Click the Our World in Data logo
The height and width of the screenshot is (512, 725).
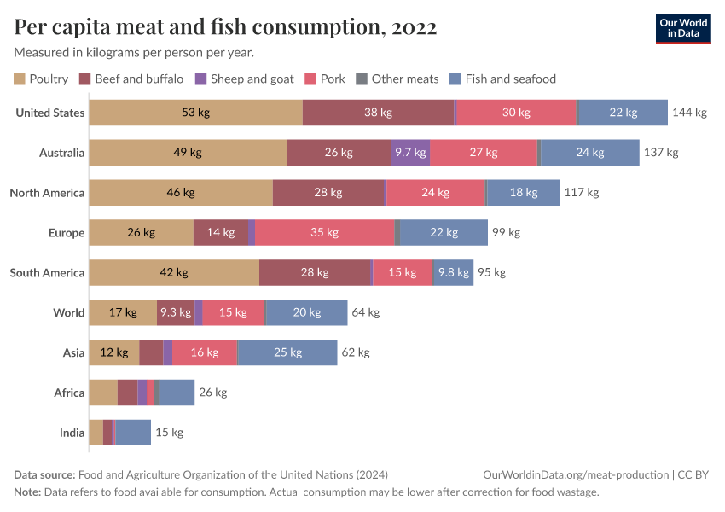coord(682,28)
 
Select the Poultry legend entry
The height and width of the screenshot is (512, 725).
coord(41,79)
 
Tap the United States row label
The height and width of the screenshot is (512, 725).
coord(50,113)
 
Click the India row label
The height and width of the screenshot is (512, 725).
coord(72,433)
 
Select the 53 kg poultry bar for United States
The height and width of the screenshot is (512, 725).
coord(195,113)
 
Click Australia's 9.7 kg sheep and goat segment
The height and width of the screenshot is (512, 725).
coord(409,153)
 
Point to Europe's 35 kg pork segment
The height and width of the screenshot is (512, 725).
coord(325,232)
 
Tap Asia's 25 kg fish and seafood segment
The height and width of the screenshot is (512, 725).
coord(287,352)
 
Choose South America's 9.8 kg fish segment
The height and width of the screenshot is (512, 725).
coord(453,272)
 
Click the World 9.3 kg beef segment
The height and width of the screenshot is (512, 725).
coord(176,312)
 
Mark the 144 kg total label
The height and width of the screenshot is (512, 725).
coord(689,113)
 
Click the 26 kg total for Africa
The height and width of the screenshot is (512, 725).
coord(213,393)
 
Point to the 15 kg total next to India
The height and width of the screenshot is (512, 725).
coord(169,433)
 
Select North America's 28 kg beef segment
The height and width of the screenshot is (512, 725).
coord(328,193)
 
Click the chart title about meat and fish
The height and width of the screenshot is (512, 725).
coord(226,27)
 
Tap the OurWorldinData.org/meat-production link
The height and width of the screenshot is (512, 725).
coord(575,474)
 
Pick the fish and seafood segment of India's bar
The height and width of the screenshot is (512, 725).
coord(133,433)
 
